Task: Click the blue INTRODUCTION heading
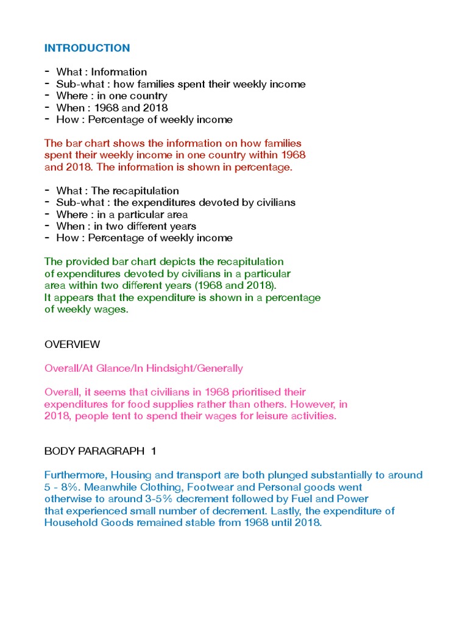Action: coord(87,48)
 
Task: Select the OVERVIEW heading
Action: coord(72,344)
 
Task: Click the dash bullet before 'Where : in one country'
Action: coord(47,96)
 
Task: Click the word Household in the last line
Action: coord(68,523)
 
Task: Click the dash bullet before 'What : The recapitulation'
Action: coord(47,191)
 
